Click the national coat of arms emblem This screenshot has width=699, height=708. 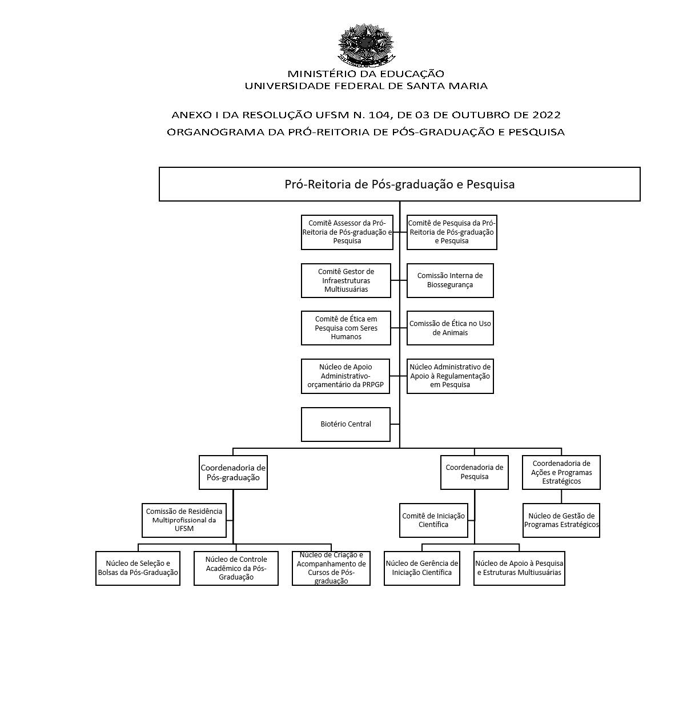point(366,44)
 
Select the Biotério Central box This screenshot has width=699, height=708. point(346,424)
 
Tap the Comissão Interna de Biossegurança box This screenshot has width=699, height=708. point(450,280)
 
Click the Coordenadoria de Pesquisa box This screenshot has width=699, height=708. point(474,472)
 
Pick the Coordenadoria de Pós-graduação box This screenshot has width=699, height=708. point(233,472)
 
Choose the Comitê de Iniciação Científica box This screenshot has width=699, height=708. point(433,520)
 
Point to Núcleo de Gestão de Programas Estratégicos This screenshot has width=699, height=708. point(561,520)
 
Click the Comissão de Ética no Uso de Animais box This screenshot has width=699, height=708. point(450,328)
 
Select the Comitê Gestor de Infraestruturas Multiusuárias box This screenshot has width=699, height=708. point(346,280)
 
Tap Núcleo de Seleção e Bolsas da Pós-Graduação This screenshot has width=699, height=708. point(138,568)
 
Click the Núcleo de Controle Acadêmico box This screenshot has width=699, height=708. point(236,568)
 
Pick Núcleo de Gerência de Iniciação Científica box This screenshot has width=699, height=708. point(422,568)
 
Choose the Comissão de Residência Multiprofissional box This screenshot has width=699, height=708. point(184,520)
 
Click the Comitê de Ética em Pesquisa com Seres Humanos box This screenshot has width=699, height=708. point(346,328)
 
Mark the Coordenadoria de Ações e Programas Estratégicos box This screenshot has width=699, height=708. point(561,472)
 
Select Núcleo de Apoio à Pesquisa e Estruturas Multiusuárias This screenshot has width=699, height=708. point(519,568)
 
